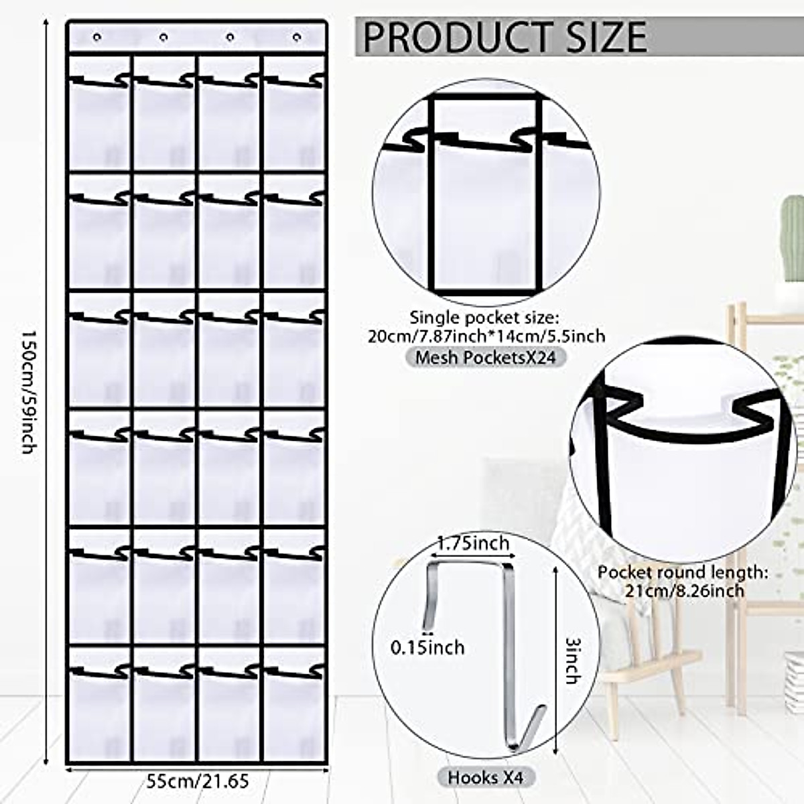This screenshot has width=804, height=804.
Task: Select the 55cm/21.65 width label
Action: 198,781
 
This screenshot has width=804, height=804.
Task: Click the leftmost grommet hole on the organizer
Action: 98,37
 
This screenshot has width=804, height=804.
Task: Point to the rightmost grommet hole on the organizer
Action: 295,37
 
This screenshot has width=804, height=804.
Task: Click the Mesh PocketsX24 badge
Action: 485,357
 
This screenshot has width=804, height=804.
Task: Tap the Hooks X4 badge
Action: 485,777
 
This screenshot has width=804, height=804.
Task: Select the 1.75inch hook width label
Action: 473,543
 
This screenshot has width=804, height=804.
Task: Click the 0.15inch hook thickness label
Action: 427,647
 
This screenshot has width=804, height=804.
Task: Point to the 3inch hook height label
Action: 572,660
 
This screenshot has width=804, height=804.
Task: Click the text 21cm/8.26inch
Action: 684,590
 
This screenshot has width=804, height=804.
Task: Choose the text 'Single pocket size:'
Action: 484,317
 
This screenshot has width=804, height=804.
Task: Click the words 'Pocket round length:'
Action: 683,572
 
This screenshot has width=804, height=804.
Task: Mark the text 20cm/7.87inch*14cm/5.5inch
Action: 486,335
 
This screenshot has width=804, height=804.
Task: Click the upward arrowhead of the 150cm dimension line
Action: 46,21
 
